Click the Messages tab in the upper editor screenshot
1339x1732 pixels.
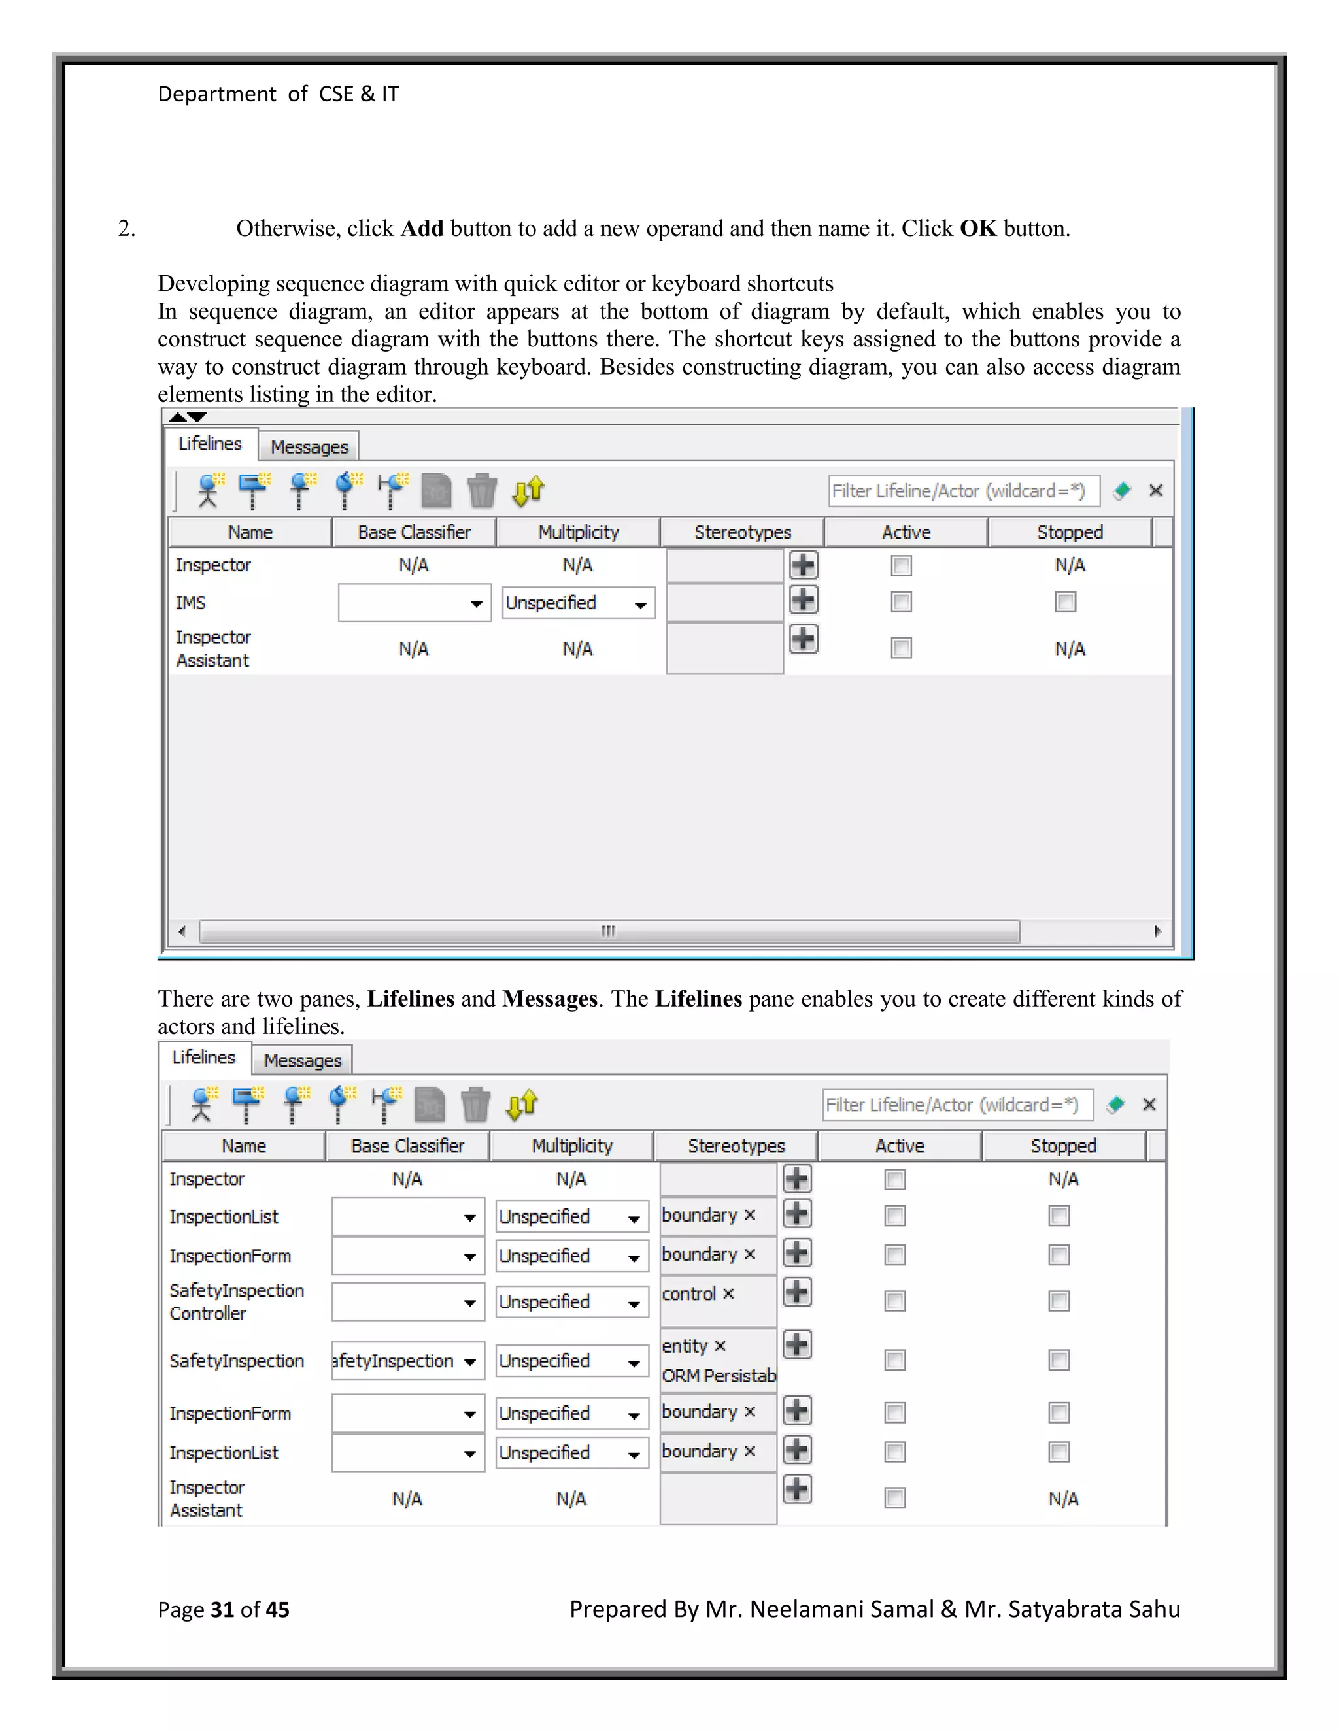(309, 446)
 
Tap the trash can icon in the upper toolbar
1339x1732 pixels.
(481, 490)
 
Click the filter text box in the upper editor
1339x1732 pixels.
(963, 491)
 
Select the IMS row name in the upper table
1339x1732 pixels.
(191, 603)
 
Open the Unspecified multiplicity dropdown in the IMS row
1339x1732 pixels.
(578, 603)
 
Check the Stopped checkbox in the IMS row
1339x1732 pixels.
(1065, 602)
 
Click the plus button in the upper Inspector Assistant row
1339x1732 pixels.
(804, 639)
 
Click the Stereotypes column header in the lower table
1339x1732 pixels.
(736, 1146)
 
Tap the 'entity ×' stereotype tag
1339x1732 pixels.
(693, 1346)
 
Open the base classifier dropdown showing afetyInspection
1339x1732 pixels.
(469, 1361)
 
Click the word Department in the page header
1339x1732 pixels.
(216, 93)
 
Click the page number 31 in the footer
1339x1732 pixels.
(222, 1609)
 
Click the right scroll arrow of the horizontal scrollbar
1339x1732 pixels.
(1157, 931)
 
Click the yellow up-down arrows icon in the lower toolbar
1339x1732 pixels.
(522, 1104)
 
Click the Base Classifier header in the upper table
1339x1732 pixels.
(413, 532)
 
